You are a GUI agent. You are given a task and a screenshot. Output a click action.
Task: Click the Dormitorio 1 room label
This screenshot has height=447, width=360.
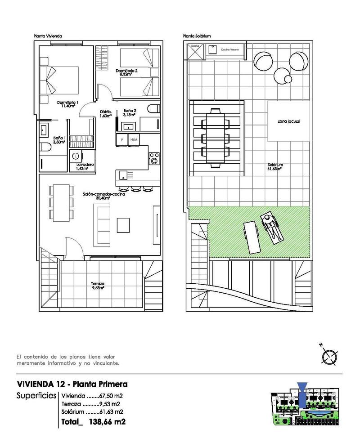tap(67, 104)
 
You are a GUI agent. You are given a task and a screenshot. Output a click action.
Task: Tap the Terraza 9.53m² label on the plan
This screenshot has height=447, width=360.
tap(98, 286)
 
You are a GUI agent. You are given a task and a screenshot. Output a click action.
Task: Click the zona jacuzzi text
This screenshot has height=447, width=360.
tap(289, 122)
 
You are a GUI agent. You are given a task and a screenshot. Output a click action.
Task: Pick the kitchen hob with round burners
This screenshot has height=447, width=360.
tap(154, 158)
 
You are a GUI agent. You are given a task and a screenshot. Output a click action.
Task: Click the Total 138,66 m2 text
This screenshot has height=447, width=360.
tap(93, 422)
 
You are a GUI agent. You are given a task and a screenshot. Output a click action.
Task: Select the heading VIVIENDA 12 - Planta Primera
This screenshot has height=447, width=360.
tap(72, 384)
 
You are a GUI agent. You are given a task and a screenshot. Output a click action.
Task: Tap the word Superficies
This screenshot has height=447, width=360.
tap(36, 396)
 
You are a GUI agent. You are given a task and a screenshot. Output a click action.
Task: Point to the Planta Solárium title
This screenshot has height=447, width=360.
tap(197, 36)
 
